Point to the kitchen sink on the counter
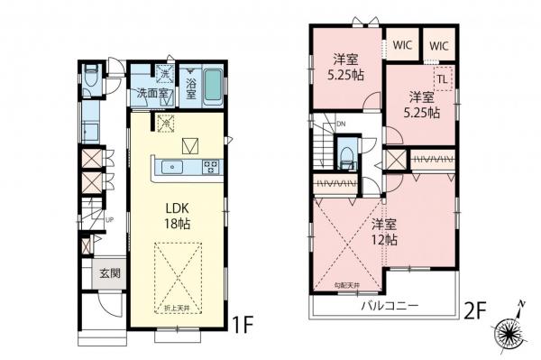172,167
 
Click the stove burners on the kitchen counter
210,166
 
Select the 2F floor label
475,312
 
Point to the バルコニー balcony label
390,307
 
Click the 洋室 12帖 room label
385,233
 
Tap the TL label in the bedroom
444,78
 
